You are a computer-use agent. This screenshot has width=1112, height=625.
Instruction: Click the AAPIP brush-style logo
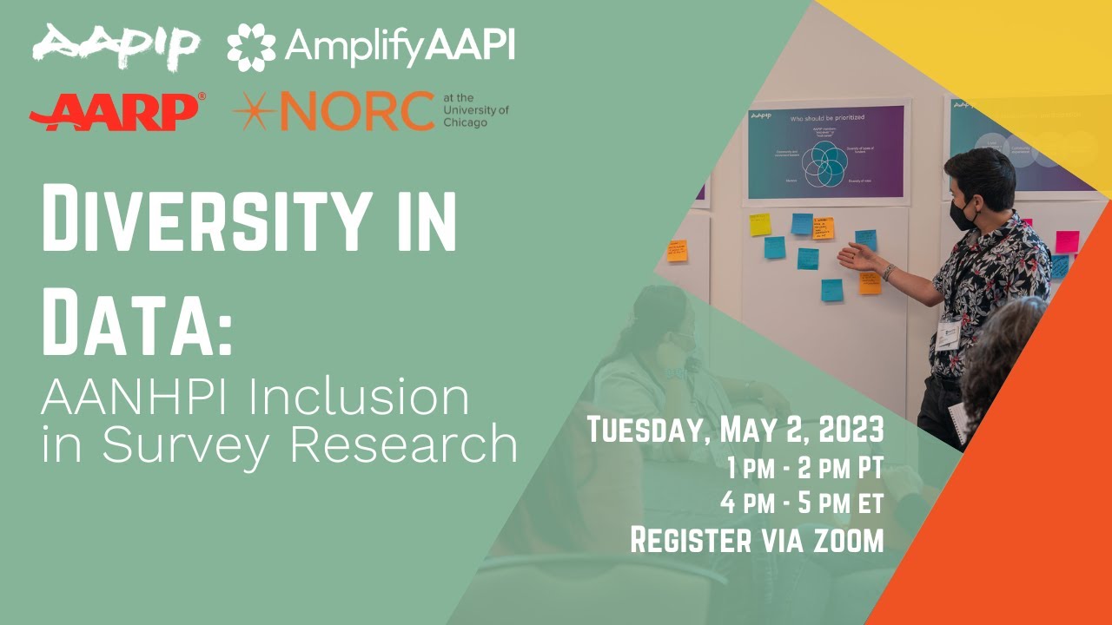(x=116, y=46)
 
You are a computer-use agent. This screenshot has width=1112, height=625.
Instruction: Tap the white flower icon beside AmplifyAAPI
(x=251, y=47)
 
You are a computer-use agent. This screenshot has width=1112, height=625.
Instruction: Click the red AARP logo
(x=116, y=112)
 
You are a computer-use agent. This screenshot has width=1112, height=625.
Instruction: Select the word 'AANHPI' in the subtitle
(x=138, y=398)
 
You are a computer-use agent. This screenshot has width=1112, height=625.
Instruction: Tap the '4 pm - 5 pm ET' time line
(x=801, y=503)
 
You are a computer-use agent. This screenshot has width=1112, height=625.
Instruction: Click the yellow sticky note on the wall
(x=760, y=224)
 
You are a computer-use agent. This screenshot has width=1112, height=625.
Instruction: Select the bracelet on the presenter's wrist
(x=889, y=272)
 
